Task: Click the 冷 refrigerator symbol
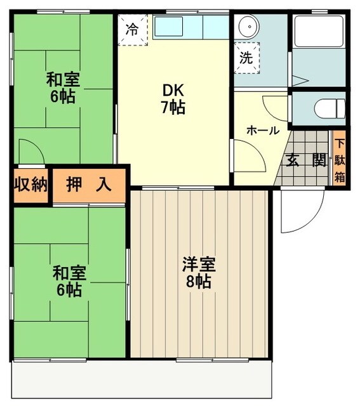tap(132, 29)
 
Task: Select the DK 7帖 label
tap(173, 99)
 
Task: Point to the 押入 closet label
tap(90, 185)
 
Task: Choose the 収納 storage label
tap(31, 185)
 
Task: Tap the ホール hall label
tap(262, 130)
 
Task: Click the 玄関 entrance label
tap(305, 160)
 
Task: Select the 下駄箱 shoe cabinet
tap(340, 160)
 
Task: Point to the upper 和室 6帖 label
tap(62, 89)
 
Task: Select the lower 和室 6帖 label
tap(67, 282)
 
